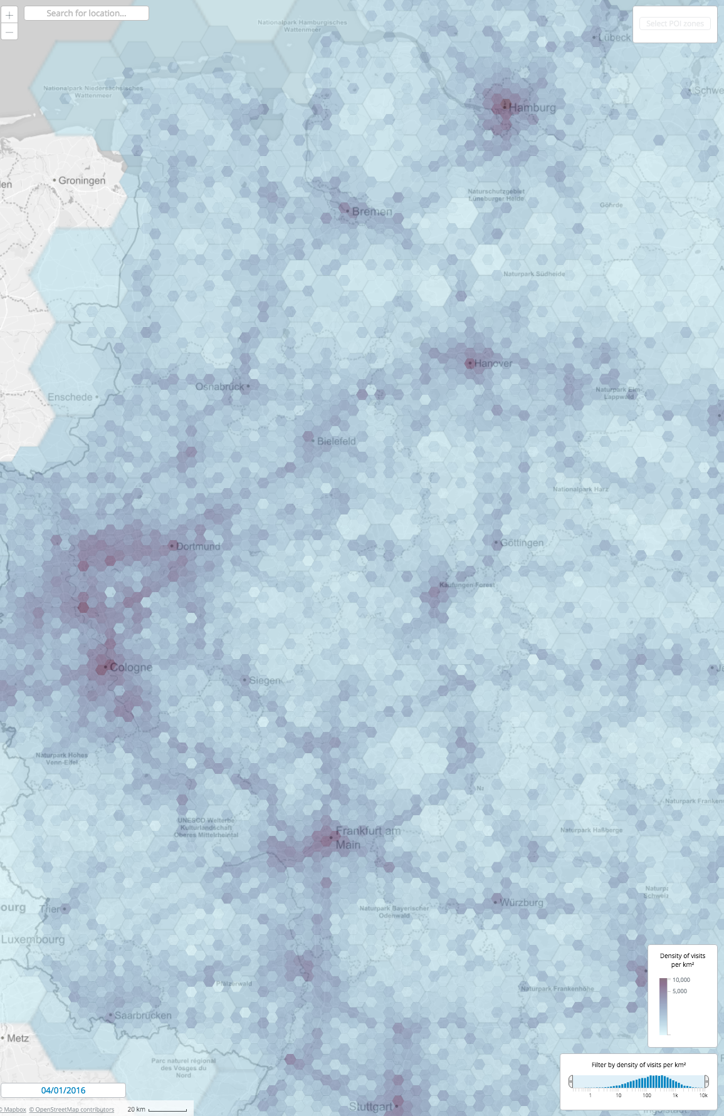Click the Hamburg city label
(x=532, y=108)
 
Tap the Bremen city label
(x=372, y=212)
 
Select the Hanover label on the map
(x=493, y=363)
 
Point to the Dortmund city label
(x=198, y=546)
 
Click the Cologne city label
(x=131, y=667)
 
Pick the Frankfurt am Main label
(x=367, y=838)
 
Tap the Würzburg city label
(x=522, y=902)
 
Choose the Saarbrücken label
(x=142, y=1015)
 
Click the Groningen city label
(x=82, y=180)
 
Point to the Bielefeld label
(x=336, y=441)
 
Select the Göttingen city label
(x=522, y=543)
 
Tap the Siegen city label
(x=265, y=681)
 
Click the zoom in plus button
(x=9, y=15)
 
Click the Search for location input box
(x=87, y=13)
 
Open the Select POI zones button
(x=674, y=24)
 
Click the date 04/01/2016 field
(x=63, y=1090)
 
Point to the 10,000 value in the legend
(x=681, y=979)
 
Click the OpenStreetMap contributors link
(x=71, y=1109)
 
